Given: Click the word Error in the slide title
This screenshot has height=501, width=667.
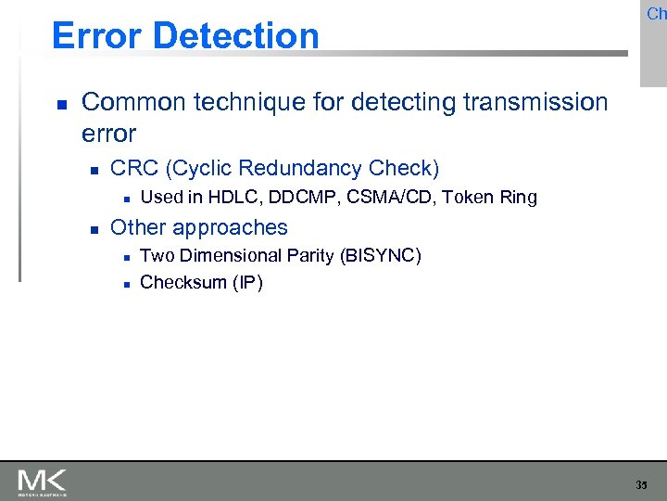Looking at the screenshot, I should (97, 36).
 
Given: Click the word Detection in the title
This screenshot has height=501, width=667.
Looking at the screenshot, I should (236, 36).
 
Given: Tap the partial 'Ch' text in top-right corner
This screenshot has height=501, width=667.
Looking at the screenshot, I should (656, 14).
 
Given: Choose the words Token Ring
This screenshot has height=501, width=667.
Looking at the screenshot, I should (491, 197).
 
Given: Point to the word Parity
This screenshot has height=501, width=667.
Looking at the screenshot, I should (313, 255).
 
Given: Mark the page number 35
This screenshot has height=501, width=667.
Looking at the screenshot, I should (642, 484).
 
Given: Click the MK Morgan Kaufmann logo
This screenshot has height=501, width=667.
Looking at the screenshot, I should (42, 482).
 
